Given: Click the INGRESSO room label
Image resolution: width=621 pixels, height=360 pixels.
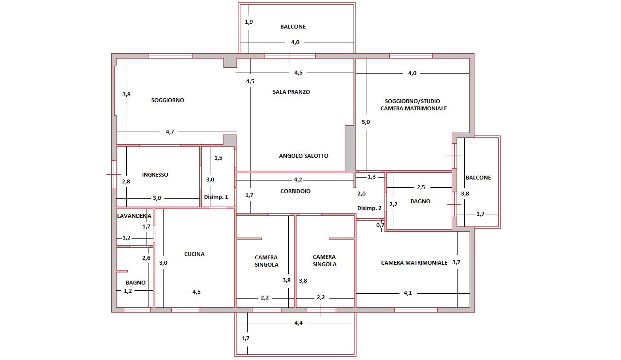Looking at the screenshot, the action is [x=155, y=175].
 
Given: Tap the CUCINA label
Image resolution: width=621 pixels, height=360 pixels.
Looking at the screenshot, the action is [x=194, y=254].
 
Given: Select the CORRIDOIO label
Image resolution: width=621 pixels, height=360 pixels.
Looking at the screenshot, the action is [x=295, y=191].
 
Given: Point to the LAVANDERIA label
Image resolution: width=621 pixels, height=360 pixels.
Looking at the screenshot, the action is [x=134, y=216].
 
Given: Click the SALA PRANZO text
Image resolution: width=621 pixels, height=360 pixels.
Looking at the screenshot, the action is [x=291, y=92].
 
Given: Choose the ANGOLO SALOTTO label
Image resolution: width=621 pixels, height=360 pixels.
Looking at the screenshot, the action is [x=304, y=156].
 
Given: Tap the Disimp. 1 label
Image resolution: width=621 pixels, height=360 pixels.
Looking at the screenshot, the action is [x=216, y=197].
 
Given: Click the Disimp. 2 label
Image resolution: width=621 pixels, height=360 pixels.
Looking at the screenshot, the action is [x=370, y=208].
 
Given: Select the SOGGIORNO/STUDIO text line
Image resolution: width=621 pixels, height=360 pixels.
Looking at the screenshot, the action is [x=413, y=101].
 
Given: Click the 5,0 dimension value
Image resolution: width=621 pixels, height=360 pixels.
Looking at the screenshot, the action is [x=366, y=122].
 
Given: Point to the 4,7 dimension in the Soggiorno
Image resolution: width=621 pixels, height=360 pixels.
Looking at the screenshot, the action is [x=170, y=132].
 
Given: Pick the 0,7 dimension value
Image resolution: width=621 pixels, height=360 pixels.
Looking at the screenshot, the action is [x=380, y=225].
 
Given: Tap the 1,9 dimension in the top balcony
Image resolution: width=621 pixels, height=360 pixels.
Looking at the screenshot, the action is [x=249, y=22].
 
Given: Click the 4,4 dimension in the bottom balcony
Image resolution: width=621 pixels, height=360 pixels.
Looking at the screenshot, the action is [x=298, y=323].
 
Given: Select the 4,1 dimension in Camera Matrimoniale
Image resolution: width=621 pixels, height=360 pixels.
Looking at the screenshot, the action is [x=408, y=293].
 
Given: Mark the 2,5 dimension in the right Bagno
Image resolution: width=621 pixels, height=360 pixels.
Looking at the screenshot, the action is [x=421, y=187].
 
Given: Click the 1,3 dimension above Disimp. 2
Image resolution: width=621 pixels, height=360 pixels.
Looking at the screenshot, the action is [x=371, y=177].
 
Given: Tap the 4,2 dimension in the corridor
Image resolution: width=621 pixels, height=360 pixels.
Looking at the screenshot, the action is [x=298, y=180].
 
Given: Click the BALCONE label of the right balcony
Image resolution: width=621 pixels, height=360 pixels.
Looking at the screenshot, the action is [x=478, y=178].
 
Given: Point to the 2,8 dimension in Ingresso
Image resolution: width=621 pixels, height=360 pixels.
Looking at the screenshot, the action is [x=126, y=181].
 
